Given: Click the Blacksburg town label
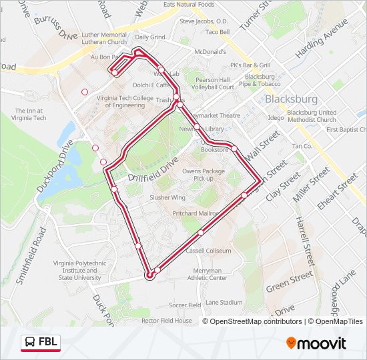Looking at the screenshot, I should coord(290,99).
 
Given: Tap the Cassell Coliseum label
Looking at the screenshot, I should coord(208,251).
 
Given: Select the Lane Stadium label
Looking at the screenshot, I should coord(224,302).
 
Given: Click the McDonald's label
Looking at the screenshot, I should coord(209,51).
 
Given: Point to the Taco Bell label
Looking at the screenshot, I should coord(218,31).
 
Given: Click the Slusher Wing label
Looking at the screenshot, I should coord(167,198).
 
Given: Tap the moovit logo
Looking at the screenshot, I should coord(316,343).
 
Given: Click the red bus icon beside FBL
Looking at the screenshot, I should coord(30,343).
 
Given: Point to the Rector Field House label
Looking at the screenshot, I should coord(166,321).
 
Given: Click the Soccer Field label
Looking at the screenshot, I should coord(185,305).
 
